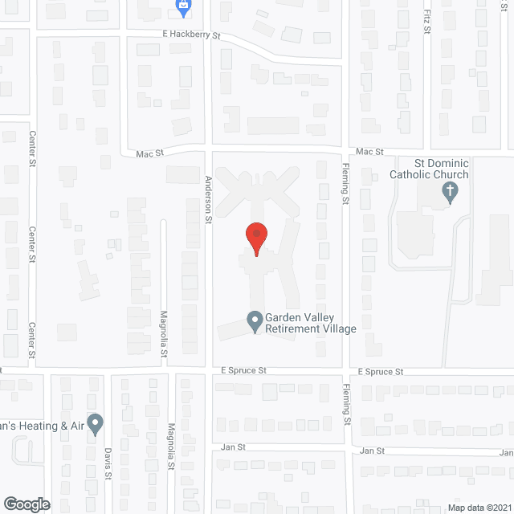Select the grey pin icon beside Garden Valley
[255, 322]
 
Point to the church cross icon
[451, 191]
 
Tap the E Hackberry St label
[190, 36]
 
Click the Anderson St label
[207, 199]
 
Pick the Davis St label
[108, 463]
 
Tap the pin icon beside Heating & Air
[95, 422]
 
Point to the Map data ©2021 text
[479, 508]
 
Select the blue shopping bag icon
[183, 8]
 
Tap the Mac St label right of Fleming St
[369, 151]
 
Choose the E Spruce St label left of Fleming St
[243, 371]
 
